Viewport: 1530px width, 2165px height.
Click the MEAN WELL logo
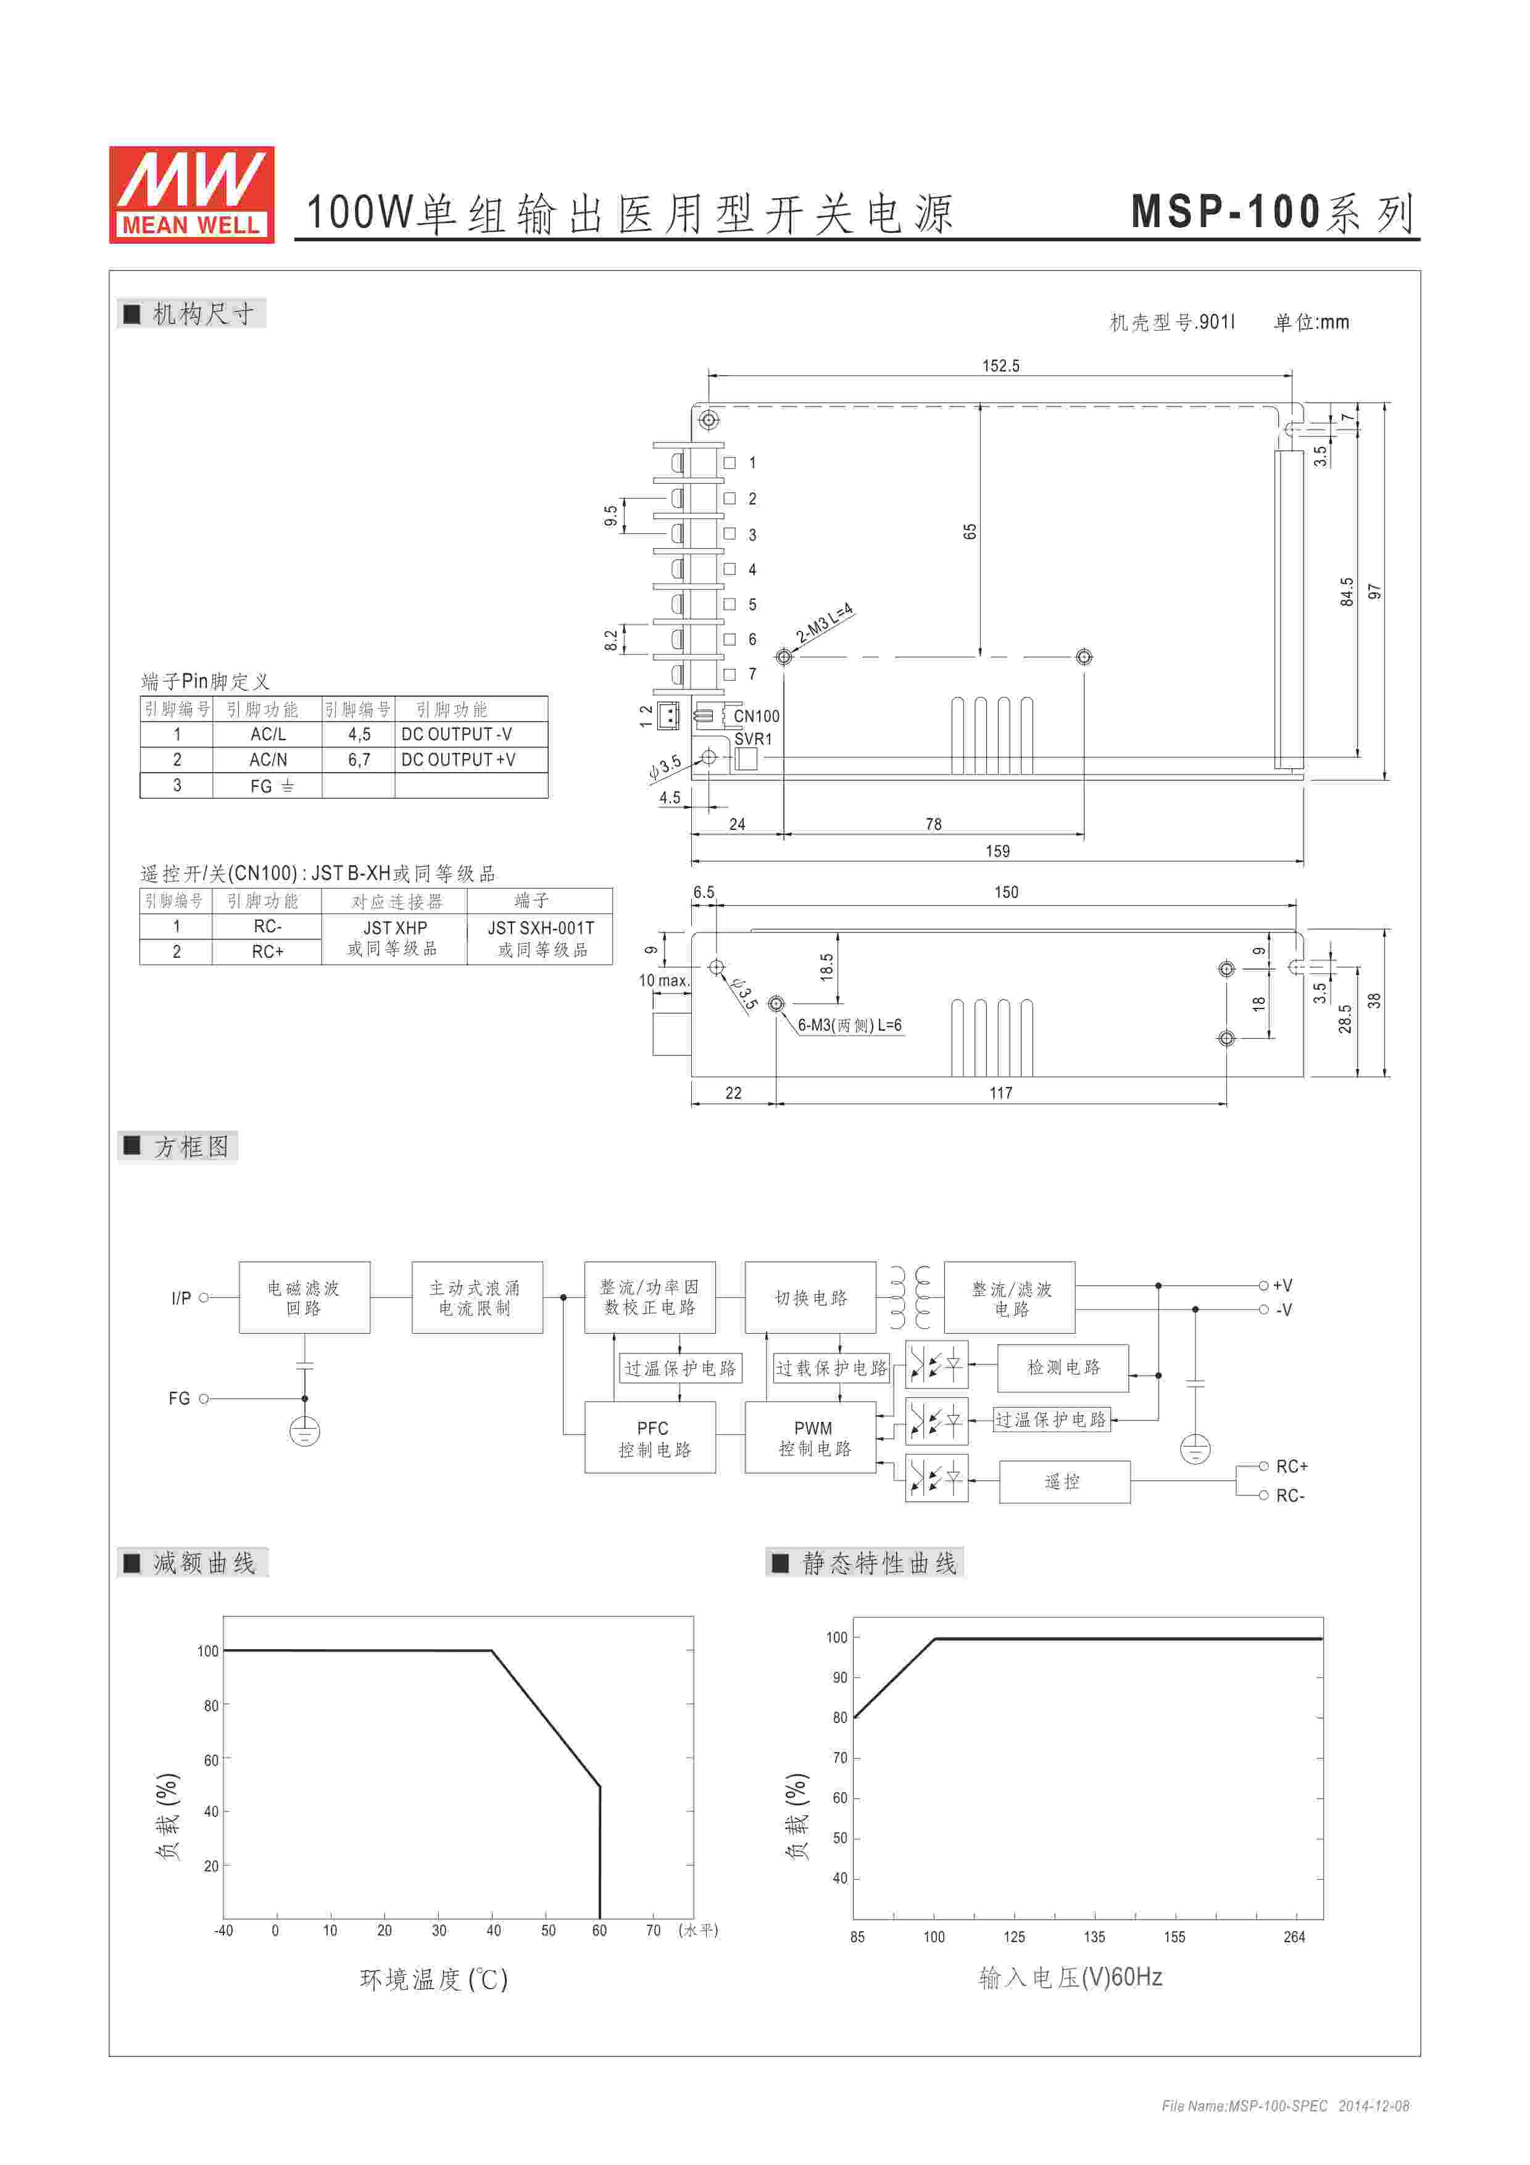pos(191,194)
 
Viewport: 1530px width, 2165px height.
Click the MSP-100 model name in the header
pos(1226,212)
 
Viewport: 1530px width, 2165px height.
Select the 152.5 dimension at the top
pos(1000,366)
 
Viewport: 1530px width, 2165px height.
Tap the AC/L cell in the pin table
pos(268,734)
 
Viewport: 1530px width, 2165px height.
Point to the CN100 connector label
pos(756,716)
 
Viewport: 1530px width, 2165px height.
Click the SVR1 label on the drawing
pos(753,739)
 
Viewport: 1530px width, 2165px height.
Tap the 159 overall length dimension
pos(997,852)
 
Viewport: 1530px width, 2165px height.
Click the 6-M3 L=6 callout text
pos(849,1025)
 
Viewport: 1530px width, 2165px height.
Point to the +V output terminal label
pos(1282,1285)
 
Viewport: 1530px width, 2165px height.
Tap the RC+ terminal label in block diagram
pos(1292,1466)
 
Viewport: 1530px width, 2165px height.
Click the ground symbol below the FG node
pos(304,1431)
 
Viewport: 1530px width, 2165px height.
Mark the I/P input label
pos(181,1299)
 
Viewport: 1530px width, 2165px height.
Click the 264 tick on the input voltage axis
pos(1294,1937)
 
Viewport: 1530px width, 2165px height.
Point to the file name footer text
pos(1285,2106)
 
